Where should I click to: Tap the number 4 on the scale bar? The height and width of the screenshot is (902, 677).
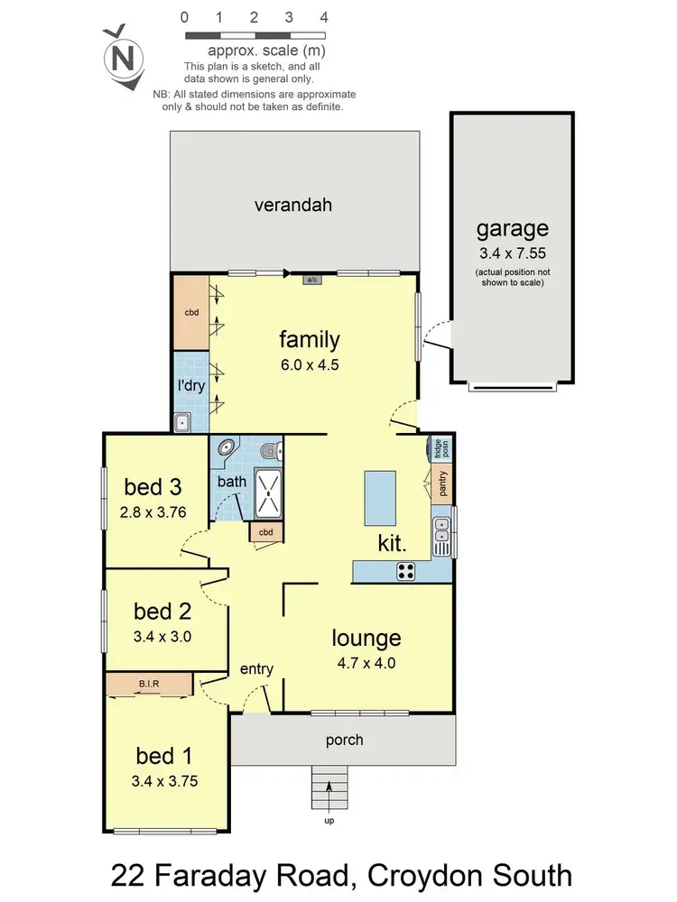[x=323, y=17]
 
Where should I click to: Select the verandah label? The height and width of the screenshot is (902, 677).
[x=292, y=205]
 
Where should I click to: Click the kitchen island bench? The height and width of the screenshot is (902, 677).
[x=379, y=498]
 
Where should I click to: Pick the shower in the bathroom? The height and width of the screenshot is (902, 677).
[x=269, y=493]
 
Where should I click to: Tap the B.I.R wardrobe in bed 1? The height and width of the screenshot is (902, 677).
[x=149, y=685]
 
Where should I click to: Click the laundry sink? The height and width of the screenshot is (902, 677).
[x=182, y=420]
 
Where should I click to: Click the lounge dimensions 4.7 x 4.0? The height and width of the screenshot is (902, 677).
[x=366, y=662]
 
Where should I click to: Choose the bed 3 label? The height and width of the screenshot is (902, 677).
[x=153, y=487]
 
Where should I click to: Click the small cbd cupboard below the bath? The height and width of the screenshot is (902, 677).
[x=265, y=532]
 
